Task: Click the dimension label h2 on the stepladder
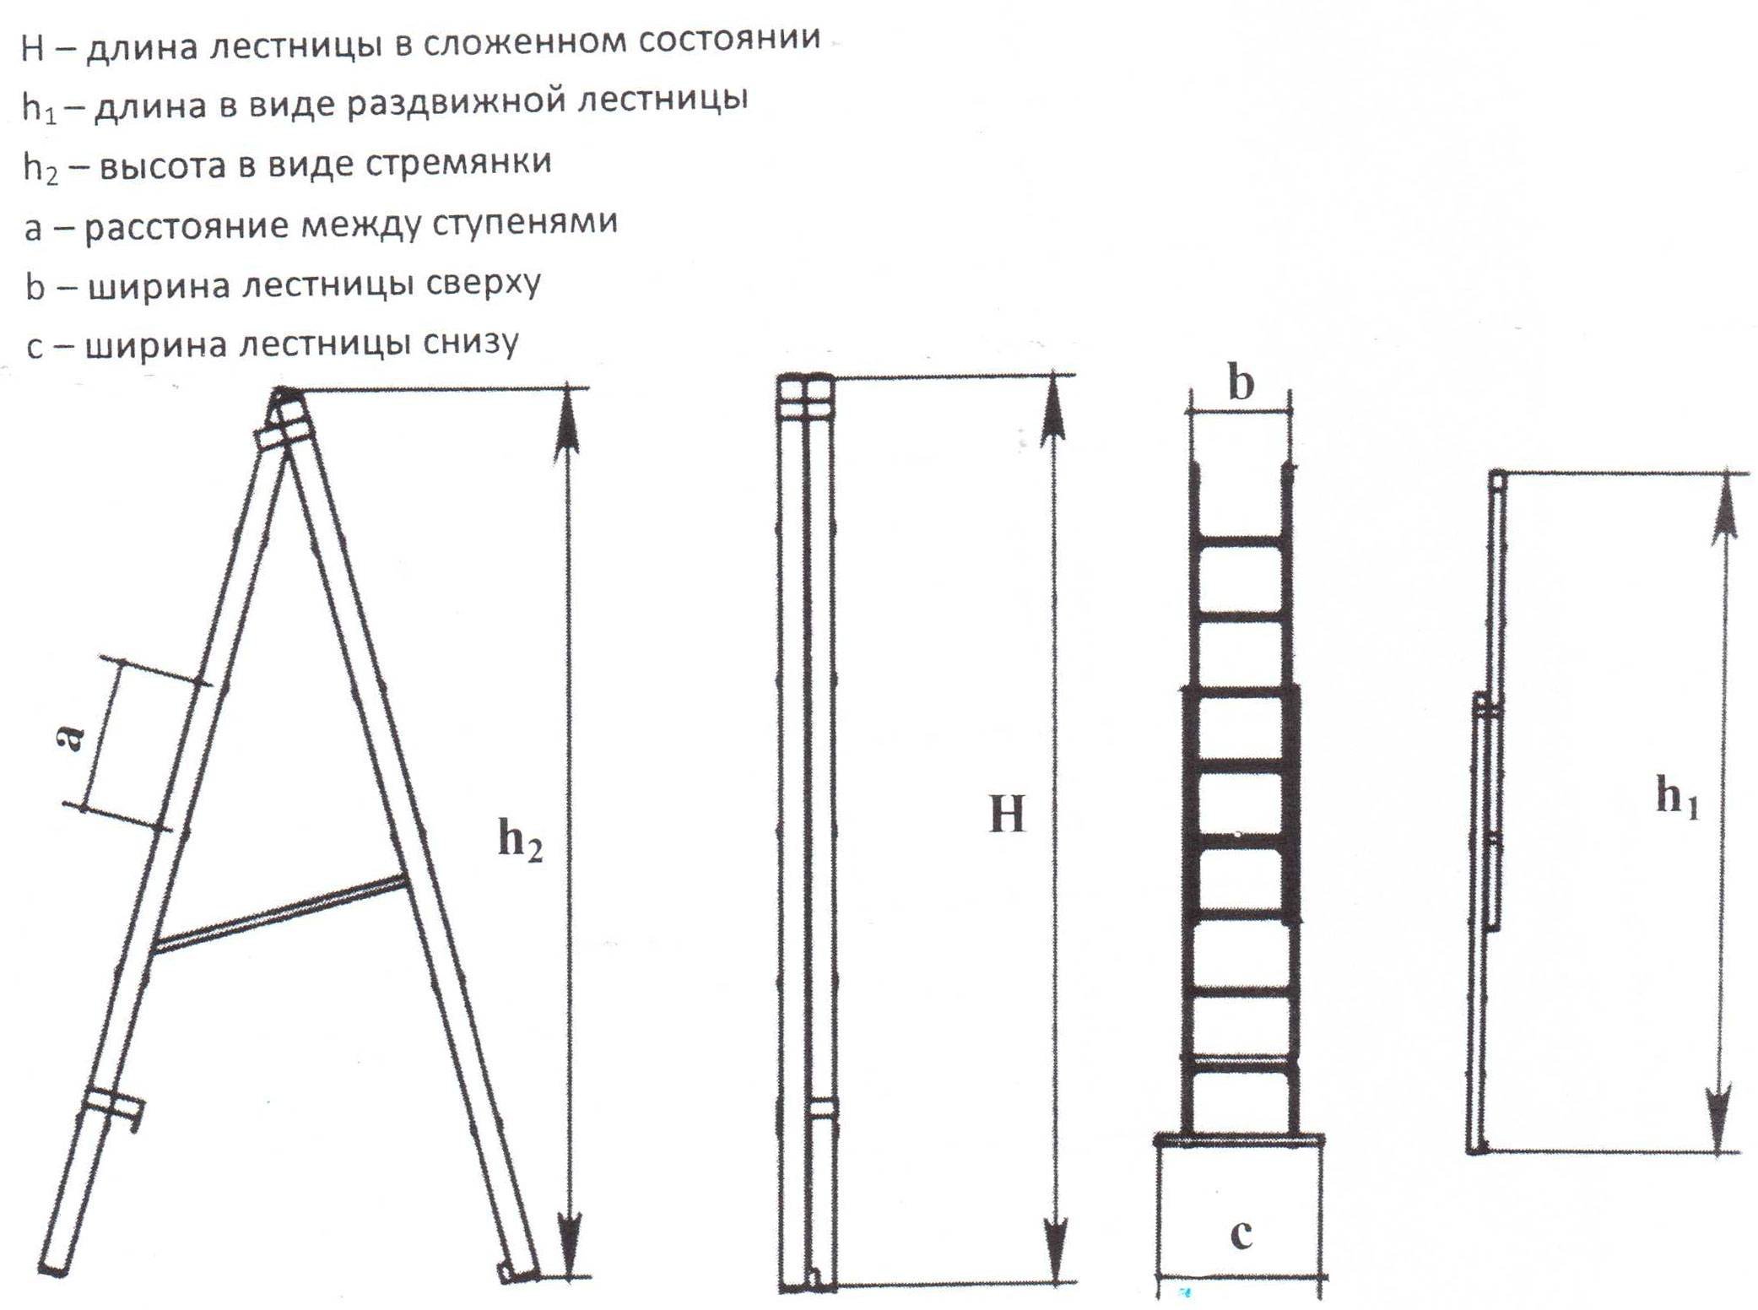pos(520,841)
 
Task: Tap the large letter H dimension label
pos(1006,815)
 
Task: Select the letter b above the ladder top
pos(1240,383)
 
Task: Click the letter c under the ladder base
pos(1241,1233)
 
